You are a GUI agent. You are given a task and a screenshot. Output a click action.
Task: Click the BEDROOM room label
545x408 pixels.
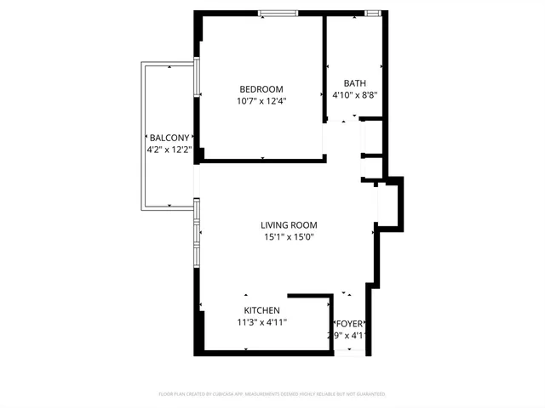coord(261,89)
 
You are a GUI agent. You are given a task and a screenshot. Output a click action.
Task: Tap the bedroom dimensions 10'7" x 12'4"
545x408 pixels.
coord(261,101)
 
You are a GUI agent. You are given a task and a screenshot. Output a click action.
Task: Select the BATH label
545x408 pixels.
coord(354,83)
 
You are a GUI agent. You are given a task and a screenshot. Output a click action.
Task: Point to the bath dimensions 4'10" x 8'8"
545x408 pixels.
coord(354,95)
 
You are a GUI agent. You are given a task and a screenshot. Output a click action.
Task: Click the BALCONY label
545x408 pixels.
coord(169,138)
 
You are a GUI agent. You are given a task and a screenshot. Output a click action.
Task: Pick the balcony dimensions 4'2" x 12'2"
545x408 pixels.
coord(169,150)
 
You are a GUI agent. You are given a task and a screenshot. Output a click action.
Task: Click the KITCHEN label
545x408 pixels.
coord(262,310)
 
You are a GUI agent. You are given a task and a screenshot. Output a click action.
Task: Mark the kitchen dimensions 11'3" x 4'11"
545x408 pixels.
coord(262,322)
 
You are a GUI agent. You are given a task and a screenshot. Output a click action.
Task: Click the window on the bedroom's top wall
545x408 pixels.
coord(278,13)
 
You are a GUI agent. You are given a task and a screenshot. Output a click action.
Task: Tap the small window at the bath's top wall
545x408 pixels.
coord(372,13)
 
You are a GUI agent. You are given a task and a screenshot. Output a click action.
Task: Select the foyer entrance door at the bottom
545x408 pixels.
coord(348,352)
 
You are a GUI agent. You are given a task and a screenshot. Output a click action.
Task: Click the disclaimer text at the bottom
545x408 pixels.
coord(272,394)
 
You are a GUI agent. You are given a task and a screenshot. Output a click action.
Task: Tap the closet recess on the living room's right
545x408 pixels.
coord(387,204)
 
